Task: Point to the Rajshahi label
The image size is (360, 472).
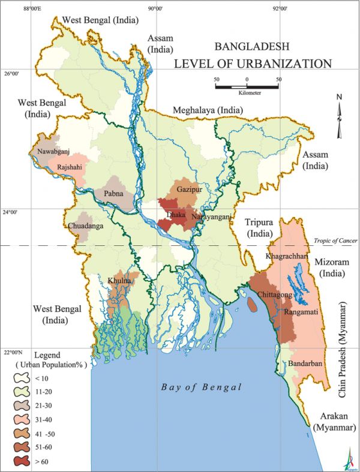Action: pos(70,167)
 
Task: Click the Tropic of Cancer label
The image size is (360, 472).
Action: pos(335,240)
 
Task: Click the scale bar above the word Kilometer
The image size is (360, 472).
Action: pos(247,88)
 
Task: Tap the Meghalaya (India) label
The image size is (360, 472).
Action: pos(208,110)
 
